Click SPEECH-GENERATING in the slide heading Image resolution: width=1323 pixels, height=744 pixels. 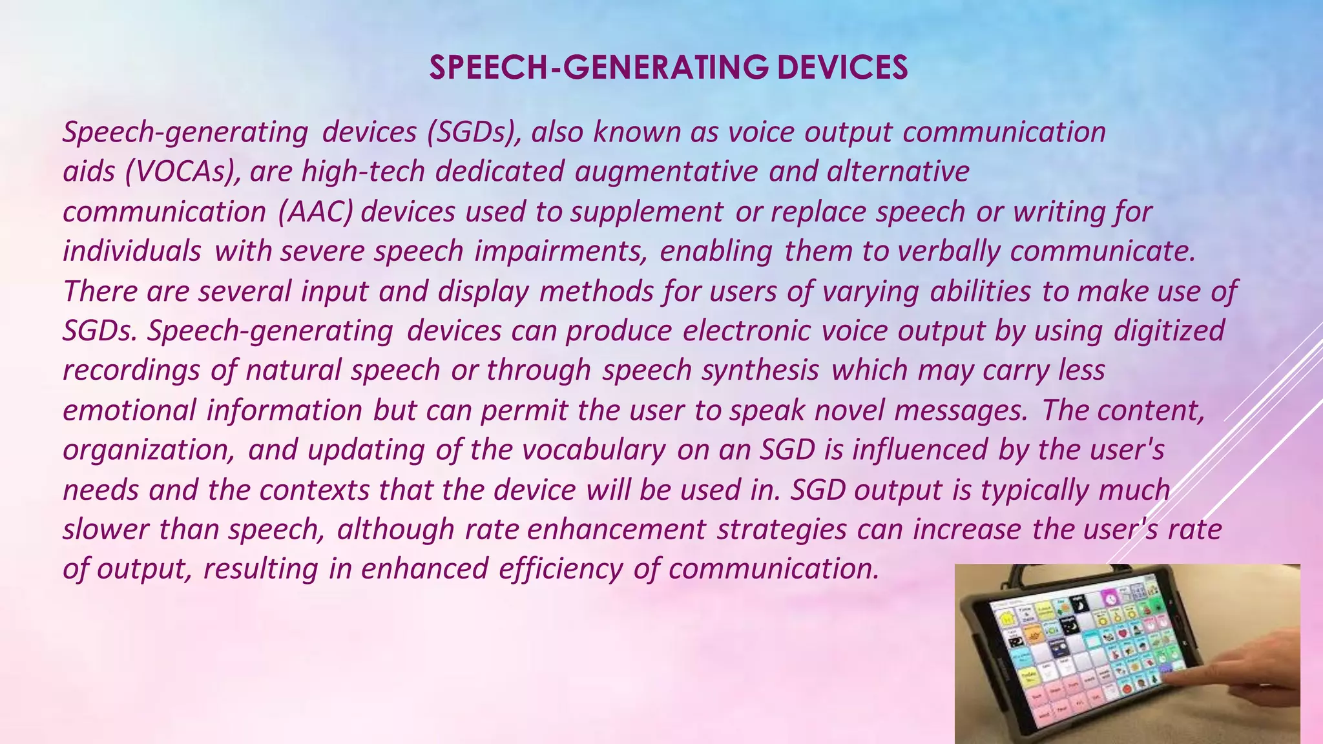coord(598,68)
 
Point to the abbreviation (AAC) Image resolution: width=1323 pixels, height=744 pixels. coord(316,212)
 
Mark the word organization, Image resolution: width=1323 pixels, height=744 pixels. coord(149,450)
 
